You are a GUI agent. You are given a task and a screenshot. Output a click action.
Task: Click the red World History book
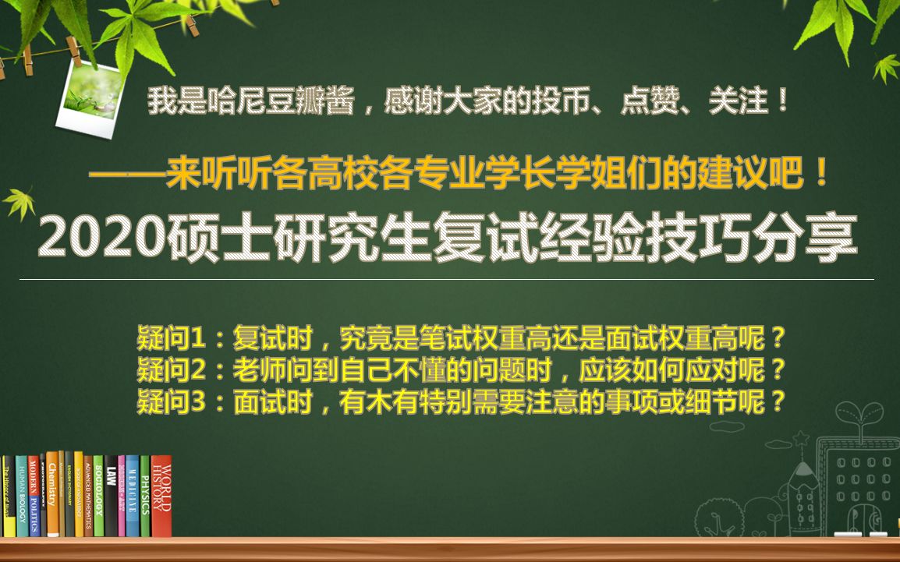(x=161, y=496)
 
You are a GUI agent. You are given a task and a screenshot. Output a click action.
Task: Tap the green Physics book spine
(x=144, y=496)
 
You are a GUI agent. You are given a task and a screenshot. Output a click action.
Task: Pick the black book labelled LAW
(x=111, y=496)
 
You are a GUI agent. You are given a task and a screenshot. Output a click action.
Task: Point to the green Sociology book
(x=98, y=497)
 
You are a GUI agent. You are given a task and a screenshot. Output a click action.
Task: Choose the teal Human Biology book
(x=21, y=497)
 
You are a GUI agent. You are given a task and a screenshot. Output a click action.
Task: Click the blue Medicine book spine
(x=132, y=496)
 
